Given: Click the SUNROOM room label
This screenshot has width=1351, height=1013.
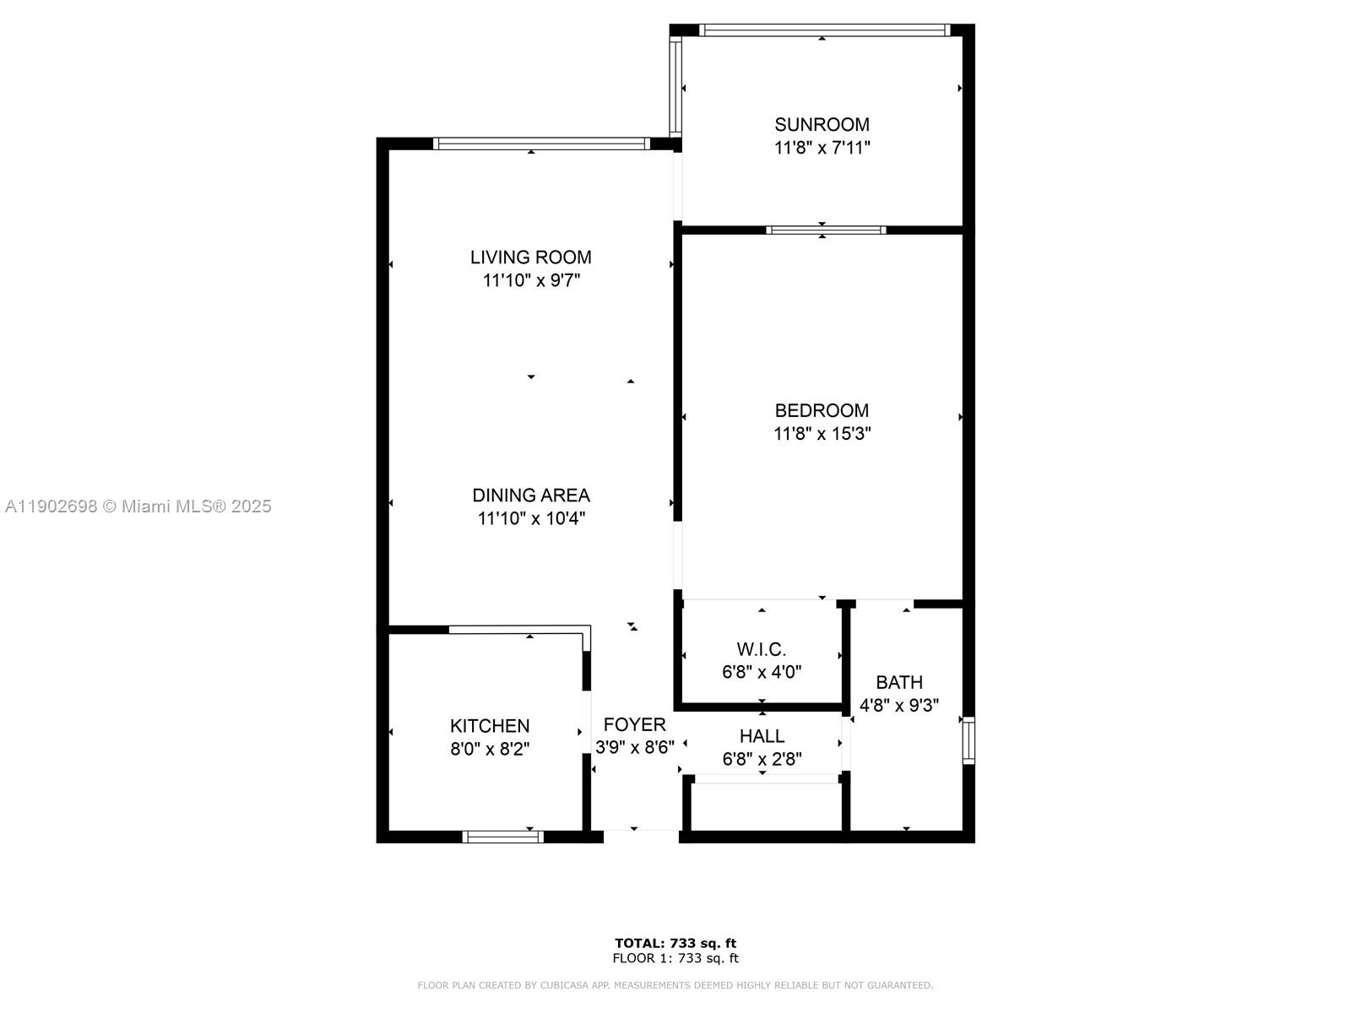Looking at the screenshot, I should click(822, 125).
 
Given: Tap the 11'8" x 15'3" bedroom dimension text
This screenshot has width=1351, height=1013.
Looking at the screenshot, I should click(822, 434).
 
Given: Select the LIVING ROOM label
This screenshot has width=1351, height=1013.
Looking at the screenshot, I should click(530, 257).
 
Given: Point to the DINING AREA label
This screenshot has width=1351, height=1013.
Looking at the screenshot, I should click(530, 496).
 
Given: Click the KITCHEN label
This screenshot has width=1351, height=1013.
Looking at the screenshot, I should click(490, 726).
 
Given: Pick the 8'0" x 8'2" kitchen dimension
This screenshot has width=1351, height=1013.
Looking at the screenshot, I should click(490, 749).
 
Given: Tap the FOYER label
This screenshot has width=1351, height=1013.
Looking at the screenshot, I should click(634, 724).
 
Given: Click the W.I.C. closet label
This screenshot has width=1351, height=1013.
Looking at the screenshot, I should click(761, 650).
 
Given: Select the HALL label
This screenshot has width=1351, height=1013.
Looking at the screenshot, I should click(762, 736).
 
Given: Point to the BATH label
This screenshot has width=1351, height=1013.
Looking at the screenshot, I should click(898, 682).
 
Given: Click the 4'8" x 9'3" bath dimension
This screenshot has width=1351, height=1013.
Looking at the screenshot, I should click(898, 705).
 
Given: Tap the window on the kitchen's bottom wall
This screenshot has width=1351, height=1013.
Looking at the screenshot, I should click(502, 837).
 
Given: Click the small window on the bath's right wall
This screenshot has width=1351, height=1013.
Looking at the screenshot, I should click(968, 740).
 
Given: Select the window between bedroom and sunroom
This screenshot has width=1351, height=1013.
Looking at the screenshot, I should click(825, 230).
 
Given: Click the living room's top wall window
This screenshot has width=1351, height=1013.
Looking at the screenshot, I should click(541, 144).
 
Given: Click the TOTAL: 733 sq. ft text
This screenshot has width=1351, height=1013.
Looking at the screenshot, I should click(675, 943).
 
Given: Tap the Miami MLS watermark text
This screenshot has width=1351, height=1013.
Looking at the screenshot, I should click(138, 506).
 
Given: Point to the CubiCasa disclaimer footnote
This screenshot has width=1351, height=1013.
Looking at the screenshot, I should click(675, 985).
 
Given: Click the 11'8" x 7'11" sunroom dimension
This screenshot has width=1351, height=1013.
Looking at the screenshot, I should click(822, 148).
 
